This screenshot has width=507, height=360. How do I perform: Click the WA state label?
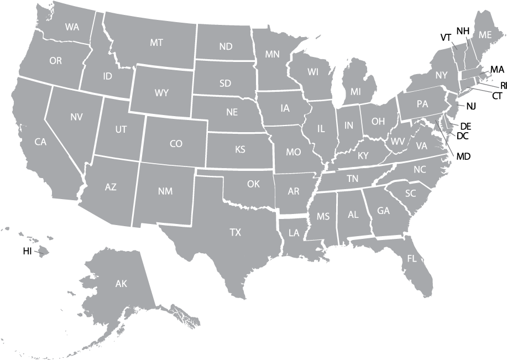pos(72,27)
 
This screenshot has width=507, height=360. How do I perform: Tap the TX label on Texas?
pos(236,233)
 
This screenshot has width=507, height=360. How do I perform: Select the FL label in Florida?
pos(412,258)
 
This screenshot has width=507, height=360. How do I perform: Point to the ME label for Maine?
pos(485,35)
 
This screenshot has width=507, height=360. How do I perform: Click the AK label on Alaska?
pos(121,284)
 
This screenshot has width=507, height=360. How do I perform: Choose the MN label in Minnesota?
pos(272,54)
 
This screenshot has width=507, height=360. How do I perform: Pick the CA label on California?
pos(40,142)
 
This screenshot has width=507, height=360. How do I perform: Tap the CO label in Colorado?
pos(176,144)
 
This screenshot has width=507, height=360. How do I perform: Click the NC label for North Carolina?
pos(420,169)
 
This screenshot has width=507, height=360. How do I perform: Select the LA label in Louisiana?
pos(294,233)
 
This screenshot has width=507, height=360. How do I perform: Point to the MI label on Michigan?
pos(356,91)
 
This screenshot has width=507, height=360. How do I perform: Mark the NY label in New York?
pos(441,75)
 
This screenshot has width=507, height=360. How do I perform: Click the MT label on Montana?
pos(156,42)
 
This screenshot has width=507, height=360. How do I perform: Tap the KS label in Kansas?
pos(240,149)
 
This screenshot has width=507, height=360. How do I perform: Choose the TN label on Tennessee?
pos(352,179)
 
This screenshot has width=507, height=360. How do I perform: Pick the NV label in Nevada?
pos(76,117)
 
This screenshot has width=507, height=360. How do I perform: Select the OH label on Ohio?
pos(378,121)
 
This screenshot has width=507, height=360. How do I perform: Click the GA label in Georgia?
pos(383,211)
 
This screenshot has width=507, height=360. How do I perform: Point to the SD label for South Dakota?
pos(225,84)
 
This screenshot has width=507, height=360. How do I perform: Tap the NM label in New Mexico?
pos(165,191)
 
